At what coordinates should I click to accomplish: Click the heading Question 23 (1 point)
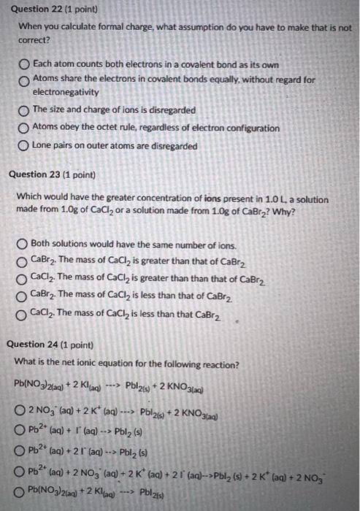(50, 175)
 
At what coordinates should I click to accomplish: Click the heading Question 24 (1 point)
(50, 345)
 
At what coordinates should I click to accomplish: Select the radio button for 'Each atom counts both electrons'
(23, 66)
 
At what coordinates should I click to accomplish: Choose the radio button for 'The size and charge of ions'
(23, 110)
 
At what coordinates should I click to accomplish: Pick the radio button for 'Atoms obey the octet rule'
(23, 128)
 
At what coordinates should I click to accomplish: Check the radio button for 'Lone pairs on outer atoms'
(23, 147)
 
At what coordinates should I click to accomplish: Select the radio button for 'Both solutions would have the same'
(23, 245)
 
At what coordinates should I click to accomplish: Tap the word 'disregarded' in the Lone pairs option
(174, 146)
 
